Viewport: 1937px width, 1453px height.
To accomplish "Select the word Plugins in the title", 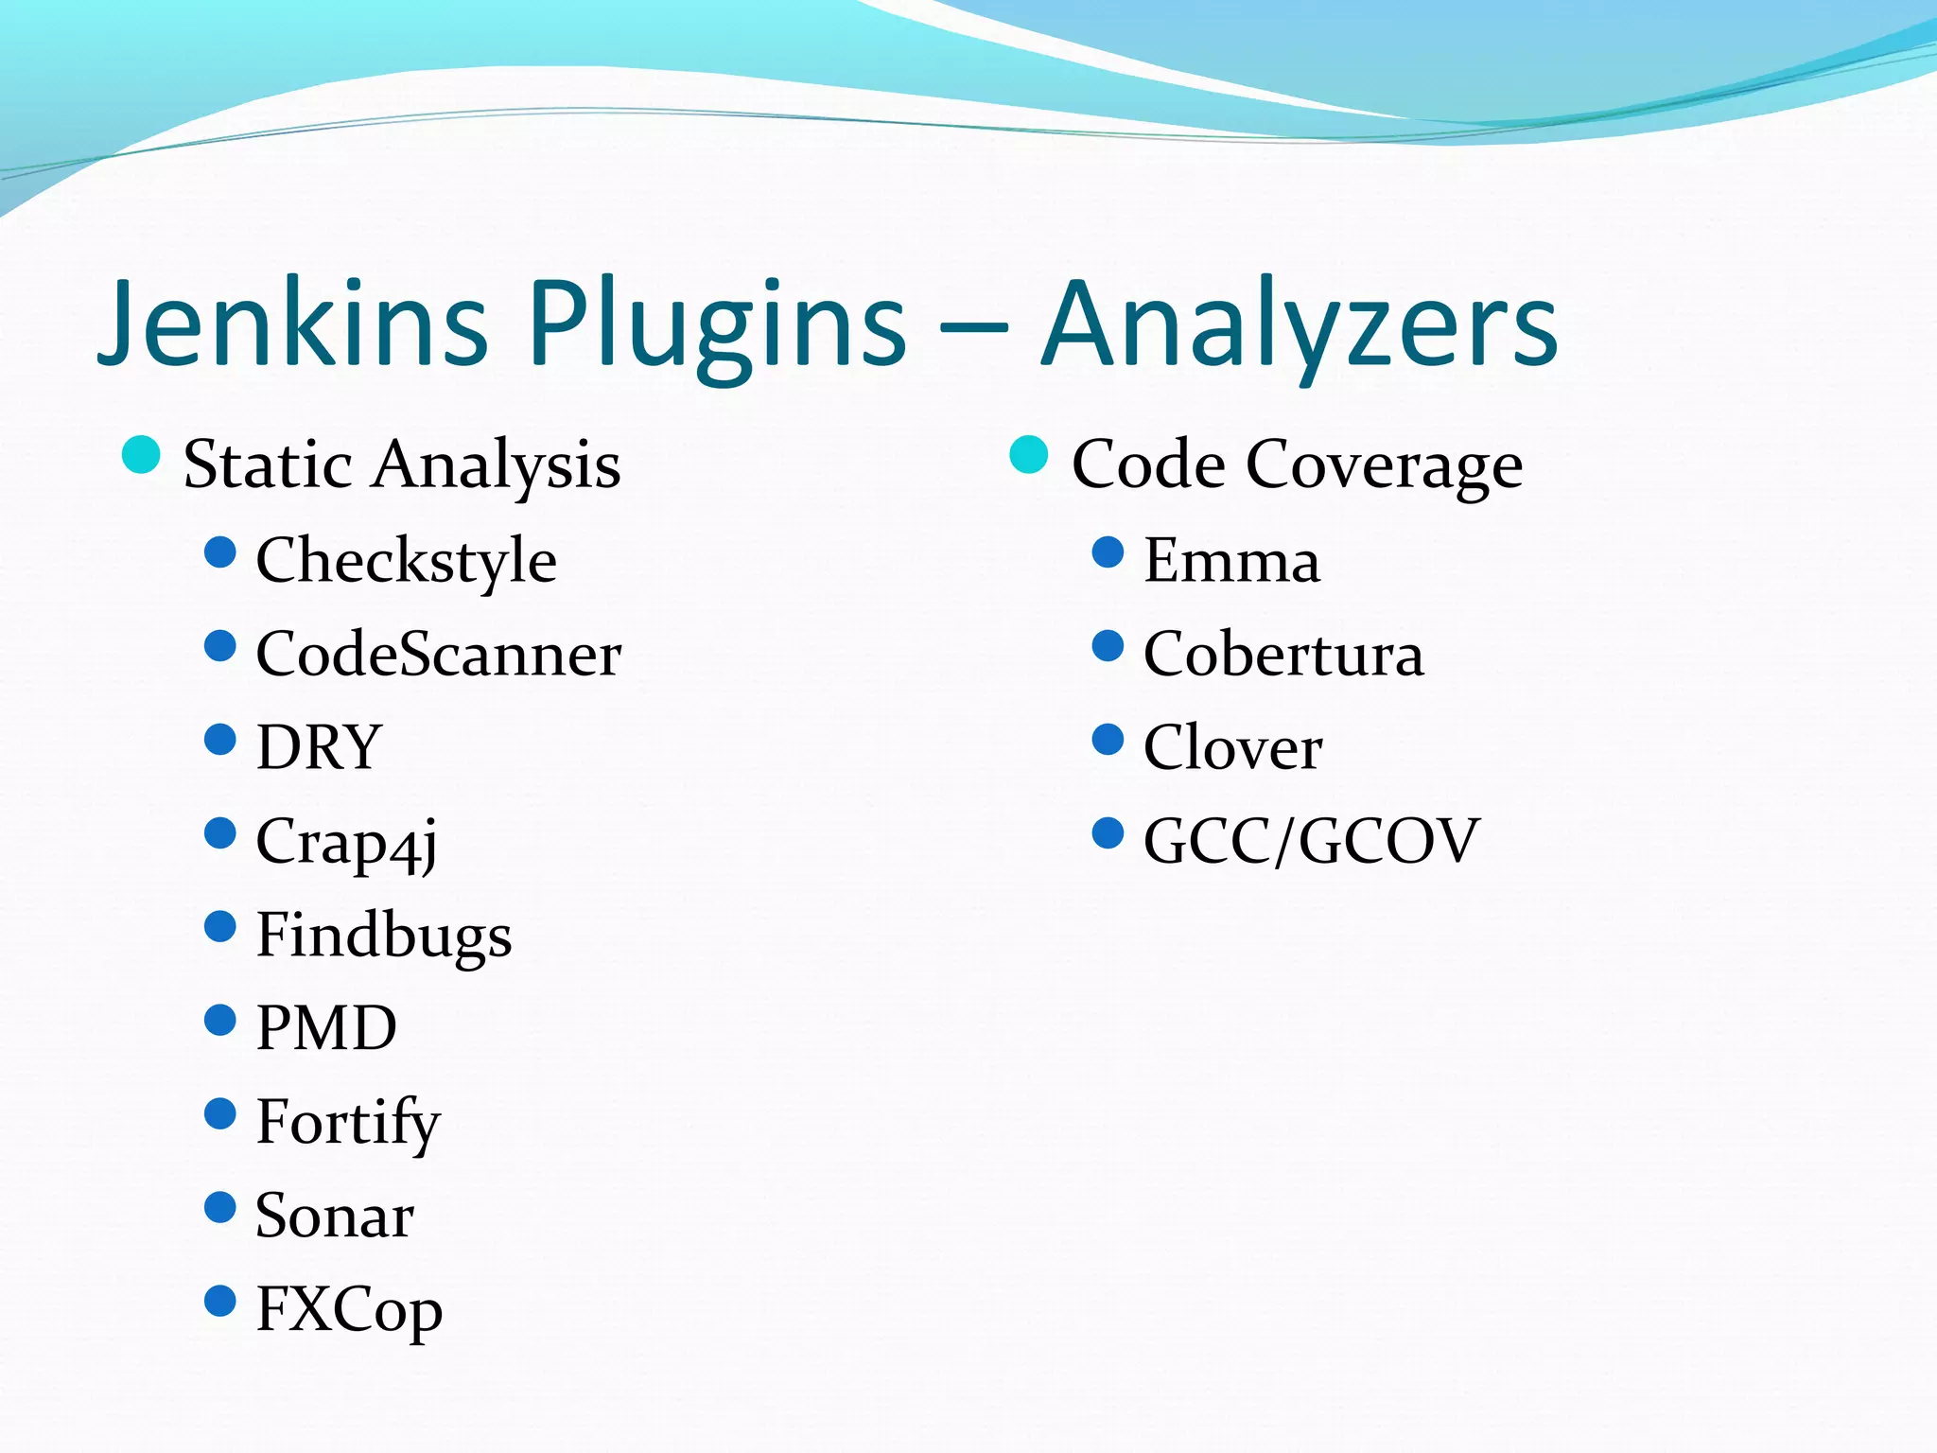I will click(x=717, y=326).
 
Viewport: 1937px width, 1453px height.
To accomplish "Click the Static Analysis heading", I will click(x=402, y=464).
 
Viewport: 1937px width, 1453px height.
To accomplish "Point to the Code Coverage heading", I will click(x=1297, y=464).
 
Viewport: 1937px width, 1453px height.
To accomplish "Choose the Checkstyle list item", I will click(x=406, y=560).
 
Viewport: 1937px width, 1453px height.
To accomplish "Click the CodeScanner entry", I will click(x=438, y=654).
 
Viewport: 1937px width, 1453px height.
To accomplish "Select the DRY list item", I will click(x=319, y=747).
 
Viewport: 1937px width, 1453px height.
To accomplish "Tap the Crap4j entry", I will click(x=346, y=842).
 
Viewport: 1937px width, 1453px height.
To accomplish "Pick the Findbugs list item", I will click(x=383, y=936).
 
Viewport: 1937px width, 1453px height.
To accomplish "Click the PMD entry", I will click(x=326, y=1028).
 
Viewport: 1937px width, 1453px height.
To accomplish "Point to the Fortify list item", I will click(x=348, y=1123).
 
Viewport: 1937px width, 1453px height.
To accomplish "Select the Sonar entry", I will click(x=335, y=1216).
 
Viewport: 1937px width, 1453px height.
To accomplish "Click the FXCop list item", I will click(x=349, y=1310).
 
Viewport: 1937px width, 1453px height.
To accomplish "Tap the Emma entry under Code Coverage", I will click(x=1231, y=560).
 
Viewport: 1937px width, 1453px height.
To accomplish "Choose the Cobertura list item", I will click(x=1283, y=654).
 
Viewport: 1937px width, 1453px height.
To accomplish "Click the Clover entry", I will click(x=1232, y=747).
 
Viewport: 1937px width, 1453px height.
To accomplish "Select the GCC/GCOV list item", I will click(x=1311, y=841).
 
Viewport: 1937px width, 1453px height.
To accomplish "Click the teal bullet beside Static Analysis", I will click(x=141, y=455).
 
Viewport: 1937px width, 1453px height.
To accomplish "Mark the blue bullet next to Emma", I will click(x=1108, y=551).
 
